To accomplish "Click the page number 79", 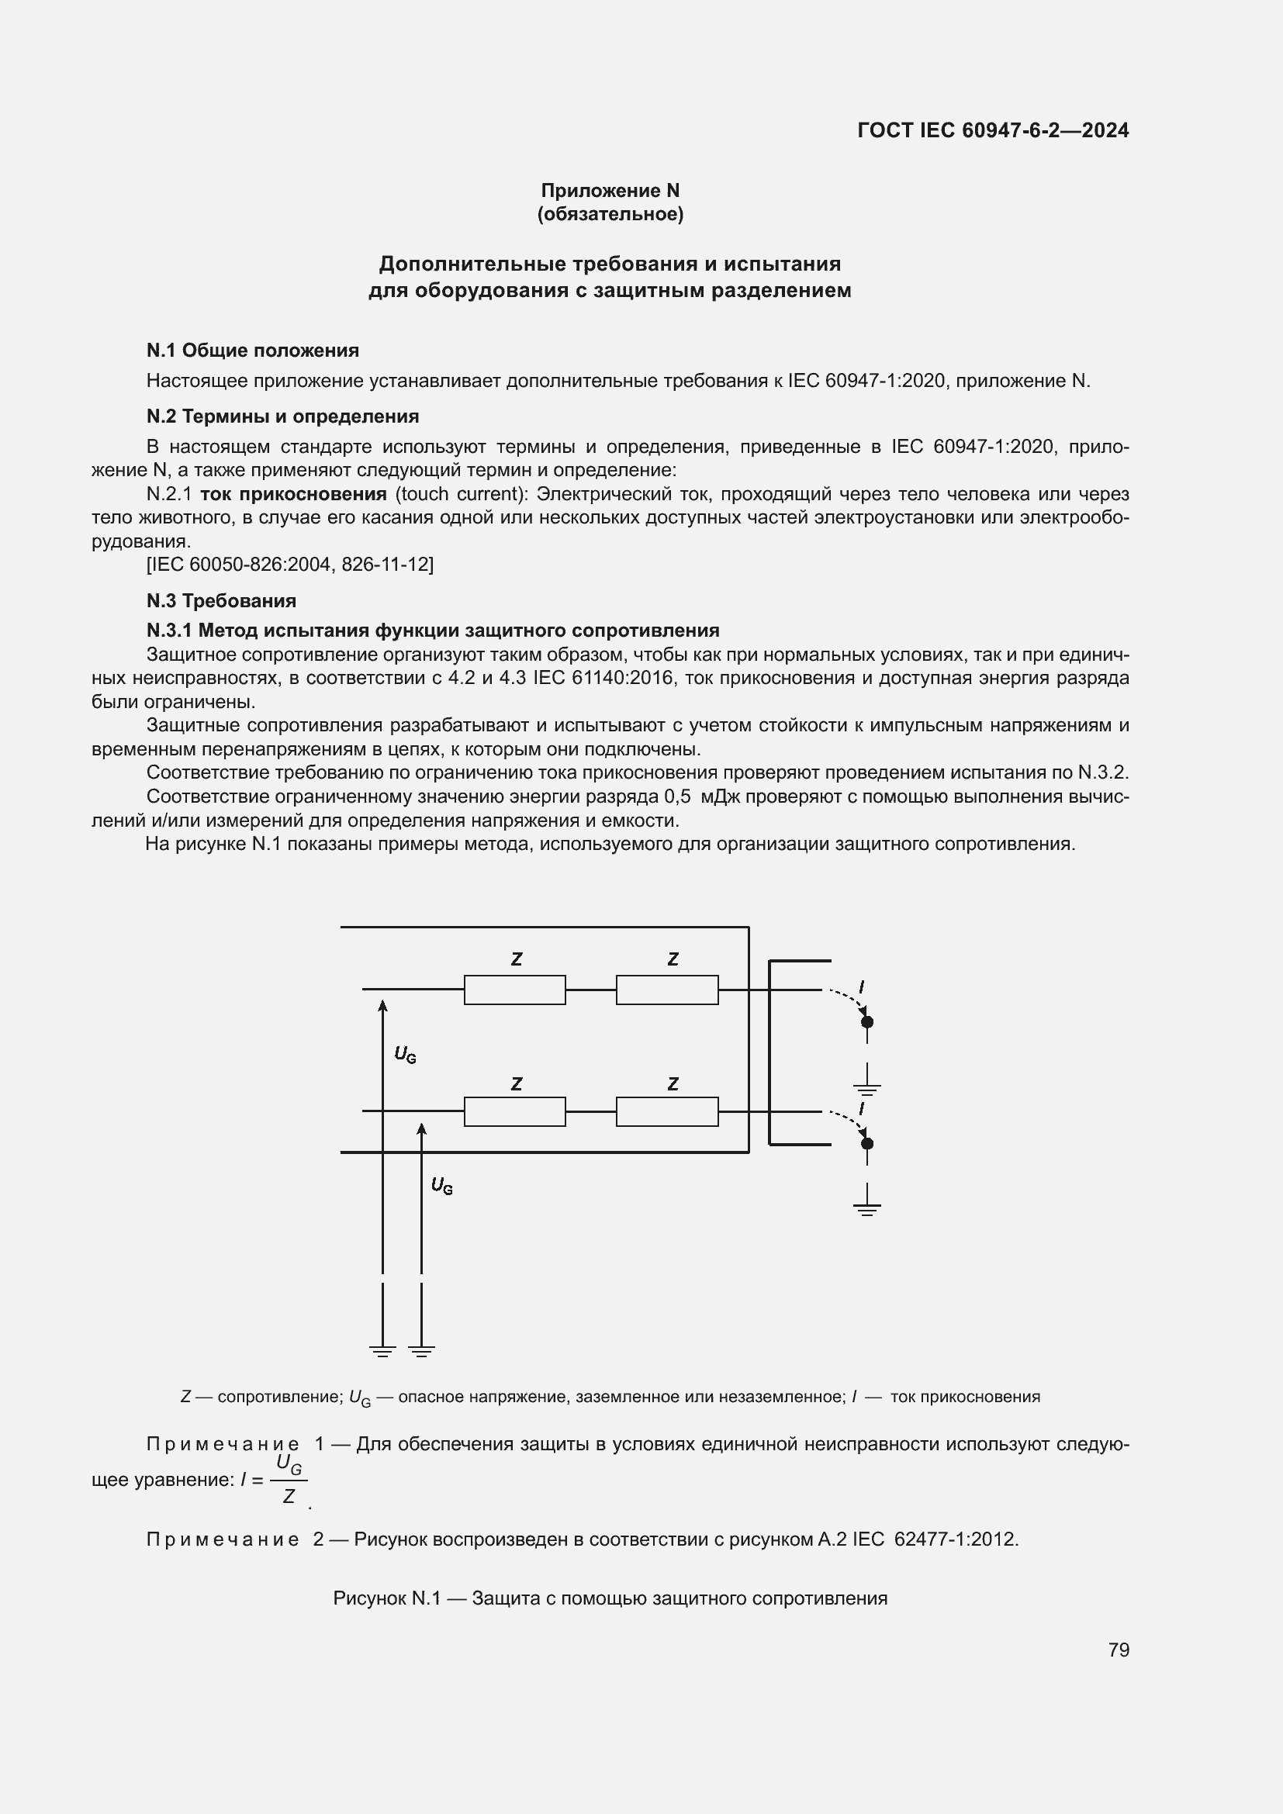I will (1118, 1650).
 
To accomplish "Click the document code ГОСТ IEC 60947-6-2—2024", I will (992, 130).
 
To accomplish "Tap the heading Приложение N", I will (610, 191).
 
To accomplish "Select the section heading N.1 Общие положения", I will (252, 350).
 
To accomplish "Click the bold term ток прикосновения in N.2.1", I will (293, 494).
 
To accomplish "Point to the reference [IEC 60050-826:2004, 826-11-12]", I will (290, 564).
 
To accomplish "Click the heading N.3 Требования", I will (221, 600).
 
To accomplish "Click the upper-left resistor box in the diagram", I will (514, 990).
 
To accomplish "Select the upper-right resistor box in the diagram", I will (667, 990).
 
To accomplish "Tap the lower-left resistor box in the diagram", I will (514, 1111).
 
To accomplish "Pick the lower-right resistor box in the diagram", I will (667, 1111).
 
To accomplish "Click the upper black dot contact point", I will (866, 1021).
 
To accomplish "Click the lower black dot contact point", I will (866, 1143).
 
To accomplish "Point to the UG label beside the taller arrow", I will (404, 1054).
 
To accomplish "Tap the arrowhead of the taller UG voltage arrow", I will (382, 1006).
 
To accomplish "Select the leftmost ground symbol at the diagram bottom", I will (382, 1351).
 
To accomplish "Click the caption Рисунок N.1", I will (610, 1598).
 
